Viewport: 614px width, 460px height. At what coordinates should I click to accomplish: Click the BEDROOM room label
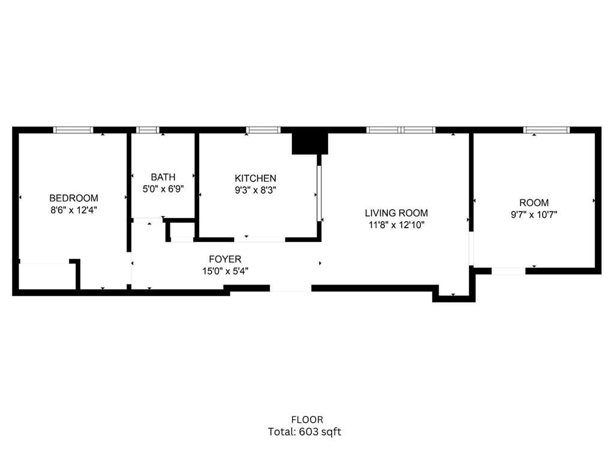click(x=74, y=198)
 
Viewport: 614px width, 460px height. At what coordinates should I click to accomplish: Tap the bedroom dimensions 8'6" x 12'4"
click(x=74, y=210)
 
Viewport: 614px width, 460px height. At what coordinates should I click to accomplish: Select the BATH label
click(x=163, y=177)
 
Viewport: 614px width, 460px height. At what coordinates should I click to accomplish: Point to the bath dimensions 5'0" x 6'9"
click(x=163, y=189)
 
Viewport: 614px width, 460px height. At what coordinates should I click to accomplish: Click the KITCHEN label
click(x=255, y=178)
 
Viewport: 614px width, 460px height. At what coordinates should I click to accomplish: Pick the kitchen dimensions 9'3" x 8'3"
click(x=255, y=190)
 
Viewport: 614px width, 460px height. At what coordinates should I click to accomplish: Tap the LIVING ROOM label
click(x=397, y=213)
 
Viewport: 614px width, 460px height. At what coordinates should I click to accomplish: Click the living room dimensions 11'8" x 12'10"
click(x=397, y=225)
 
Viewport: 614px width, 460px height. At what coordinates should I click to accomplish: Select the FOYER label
click(x=225, y=259)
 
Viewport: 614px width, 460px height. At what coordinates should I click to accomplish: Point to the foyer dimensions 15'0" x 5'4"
click(x=225, y=271)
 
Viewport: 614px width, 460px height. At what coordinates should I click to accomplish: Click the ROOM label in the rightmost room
click(x=534, y=203)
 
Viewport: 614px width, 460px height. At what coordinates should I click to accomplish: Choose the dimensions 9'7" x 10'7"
click(x=534, y=214)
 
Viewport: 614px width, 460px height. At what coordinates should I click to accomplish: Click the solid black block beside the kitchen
click(x=310, y=144)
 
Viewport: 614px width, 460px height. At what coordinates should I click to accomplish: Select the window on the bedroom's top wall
click(x=73, y=130)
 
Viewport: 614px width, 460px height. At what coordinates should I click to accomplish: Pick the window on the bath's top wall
click(x=148, y=130)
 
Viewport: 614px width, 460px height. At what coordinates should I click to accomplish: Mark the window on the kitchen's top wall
click(x=263, y=130)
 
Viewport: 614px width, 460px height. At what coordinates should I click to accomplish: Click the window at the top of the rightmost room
click(x=546, y=130)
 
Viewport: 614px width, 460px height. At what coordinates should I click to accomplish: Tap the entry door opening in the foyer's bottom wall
click(x=290, y=288)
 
